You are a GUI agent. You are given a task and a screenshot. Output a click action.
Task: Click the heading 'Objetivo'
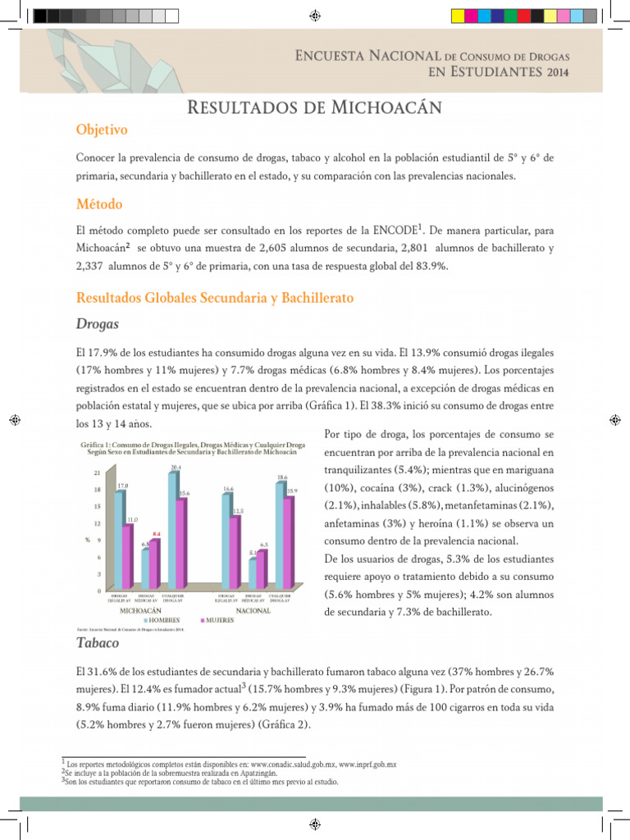[x=101, y=130]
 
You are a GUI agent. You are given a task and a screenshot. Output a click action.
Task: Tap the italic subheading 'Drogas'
[x=97, y=324]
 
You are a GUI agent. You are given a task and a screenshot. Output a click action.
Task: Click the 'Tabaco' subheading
[x=97, y=643]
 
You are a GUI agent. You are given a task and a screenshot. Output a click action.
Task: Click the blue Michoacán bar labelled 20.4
[x=173, y=529]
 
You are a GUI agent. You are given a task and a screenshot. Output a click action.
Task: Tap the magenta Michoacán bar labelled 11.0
[x=127, y=556]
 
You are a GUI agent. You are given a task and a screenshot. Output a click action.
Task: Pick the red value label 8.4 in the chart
[x=156, y=534]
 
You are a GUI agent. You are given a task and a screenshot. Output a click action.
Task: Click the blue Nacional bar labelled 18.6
[x=281, y=534]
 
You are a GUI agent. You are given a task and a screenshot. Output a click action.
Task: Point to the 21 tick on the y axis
[x=98, y=473]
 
